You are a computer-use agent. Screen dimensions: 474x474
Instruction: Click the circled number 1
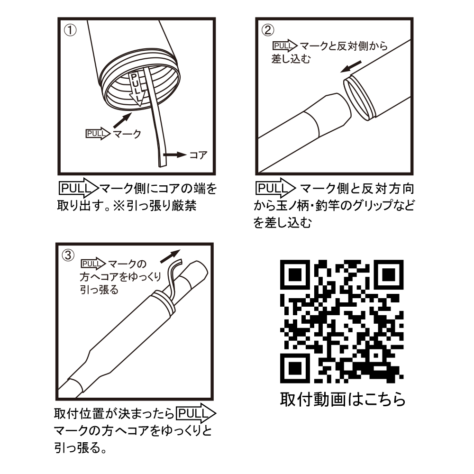point(71,30)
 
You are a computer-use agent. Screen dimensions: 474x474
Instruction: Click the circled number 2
point(268,30)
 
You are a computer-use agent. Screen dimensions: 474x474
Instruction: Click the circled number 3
point(68,255)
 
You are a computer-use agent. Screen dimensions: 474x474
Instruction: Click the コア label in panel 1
point(198,155)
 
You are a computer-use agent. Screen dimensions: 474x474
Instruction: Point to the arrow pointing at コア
point(175,155)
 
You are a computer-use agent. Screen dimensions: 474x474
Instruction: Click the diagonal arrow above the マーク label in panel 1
point(123,120)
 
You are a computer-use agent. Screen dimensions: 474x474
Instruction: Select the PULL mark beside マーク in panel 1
point(98,134)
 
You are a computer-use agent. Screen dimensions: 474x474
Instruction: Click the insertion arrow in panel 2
point(351,66)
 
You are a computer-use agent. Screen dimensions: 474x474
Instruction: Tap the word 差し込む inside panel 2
point(291,59)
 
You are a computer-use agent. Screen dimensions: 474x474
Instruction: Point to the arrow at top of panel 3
point(170,256)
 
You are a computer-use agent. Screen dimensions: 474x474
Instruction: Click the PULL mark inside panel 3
point(93,264)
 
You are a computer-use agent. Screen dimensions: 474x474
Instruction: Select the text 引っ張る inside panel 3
point(99,290)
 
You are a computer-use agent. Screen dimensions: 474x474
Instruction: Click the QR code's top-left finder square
point(295,274)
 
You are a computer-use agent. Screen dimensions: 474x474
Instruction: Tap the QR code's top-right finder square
point(389,274)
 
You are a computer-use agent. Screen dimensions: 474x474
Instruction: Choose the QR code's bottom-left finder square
point(295,368)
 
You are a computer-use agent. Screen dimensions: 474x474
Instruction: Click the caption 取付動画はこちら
point(343,399)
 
